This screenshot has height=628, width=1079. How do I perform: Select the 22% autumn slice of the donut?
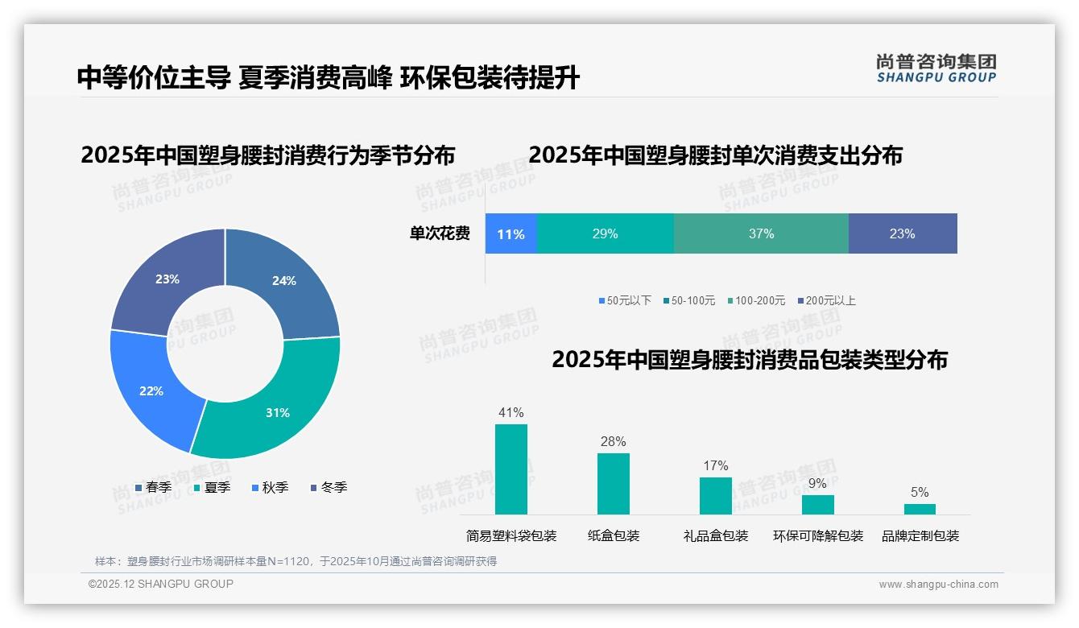click(x=149, y=386)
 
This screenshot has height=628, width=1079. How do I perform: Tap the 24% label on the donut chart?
click(x=284, y=281)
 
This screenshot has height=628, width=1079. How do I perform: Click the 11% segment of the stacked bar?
click(x=511, y=234)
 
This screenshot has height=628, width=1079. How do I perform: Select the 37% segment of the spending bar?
click(x=761, y=234)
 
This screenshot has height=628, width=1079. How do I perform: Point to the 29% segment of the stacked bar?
click(x=605, y=234)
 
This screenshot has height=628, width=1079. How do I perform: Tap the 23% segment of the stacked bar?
click(x=902, y=234)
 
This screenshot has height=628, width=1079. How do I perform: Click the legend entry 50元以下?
click(x=625, y=301)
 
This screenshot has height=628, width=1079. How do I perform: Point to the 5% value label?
click(x=920, y=493)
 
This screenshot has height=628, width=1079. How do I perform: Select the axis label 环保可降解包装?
click(x=817, y=536)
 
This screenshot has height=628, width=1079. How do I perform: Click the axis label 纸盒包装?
click(x=614, y=536)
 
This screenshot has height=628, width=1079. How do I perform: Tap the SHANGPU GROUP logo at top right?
click(x=936, y=68)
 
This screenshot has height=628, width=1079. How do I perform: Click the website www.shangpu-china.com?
click(x=938, y=585)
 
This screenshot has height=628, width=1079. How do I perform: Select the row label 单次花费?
click(x=440, y=234)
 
